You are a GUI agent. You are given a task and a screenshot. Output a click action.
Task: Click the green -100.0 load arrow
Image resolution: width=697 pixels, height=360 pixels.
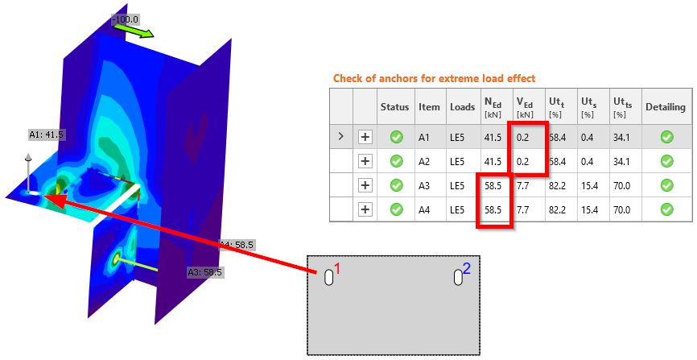click(x=134, y=31)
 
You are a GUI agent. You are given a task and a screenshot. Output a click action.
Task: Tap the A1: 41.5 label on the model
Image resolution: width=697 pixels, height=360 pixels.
click(x=47, y=134)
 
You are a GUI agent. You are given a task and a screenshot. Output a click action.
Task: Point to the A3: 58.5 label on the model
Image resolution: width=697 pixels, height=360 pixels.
click(x=205, y=272)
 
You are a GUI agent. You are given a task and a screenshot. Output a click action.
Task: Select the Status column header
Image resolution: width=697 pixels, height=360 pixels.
click(x=394, y=107)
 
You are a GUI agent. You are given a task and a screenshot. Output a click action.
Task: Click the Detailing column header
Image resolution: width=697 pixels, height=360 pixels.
click(x=666, y=107)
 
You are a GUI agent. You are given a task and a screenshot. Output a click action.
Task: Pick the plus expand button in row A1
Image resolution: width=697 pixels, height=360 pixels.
click(x=365, y=137)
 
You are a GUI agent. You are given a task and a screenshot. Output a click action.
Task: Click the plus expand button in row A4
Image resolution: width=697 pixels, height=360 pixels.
click(x=365, y=209)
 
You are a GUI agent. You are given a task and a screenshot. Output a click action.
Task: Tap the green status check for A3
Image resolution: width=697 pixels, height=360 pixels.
click(x=397, y=185)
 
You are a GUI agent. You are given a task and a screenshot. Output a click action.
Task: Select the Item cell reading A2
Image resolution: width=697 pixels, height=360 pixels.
click(x=424, y=162)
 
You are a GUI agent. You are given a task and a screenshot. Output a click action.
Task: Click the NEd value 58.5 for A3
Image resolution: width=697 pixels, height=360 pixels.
click(x=493, y=185)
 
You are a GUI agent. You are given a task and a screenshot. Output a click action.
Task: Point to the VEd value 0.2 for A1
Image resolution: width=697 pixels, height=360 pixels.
click(x=523, y=138)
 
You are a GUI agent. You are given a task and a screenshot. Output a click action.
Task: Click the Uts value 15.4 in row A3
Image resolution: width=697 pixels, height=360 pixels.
click(x=589, y=185)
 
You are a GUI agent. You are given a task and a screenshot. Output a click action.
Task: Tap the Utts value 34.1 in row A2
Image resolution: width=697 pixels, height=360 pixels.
click(x=621, y=162)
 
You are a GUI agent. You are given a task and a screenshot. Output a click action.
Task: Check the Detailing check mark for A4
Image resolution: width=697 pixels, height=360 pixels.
click(x=666, y=209)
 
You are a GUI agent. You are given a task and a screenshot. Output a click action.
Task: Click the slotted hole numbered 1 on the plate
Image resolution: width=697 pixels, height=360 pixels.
click(x=329, y=278)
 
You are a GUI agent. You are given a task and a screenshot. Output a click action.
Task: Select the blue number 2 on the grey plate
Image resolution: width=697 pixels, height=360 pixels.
click(x=466, y=269)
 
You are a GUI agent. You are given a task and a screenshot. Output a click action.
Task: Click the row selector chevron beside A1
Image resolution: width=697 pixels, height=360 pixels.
click(x=341, y=136)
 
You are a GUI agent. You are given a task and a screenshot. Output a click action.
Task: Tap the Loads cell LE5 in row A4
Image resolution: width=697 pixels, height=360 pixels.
click(x=457, y=209)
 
